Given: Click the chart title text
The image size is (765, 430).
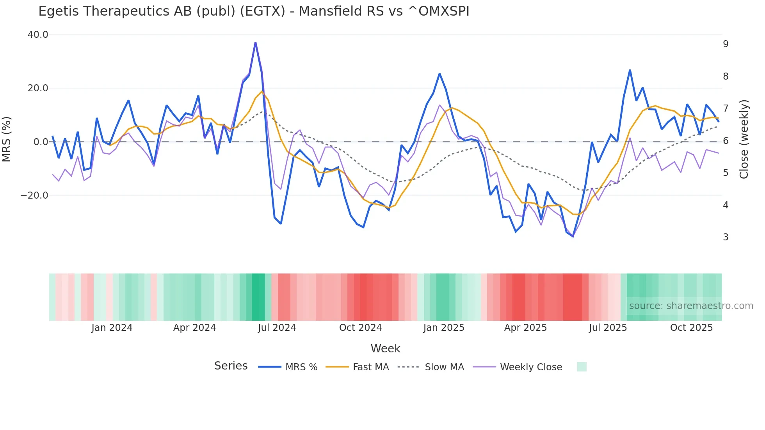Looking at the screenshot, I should [x=254, y=11].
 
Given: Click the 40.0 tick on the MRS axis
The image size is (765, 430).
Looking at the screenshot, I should [x=38, y=35].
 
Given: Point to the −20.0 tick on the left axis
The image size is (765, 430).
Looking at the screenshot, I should [x=34, y=195].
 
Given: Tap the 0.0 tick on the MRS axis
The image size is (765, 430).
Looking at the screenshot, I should [x=41, y=142].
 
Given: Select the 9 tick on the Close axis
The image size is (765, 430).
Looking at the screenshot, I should [x=726, y=44].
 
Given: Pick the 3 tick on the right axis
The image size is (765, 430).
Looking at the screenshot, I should [x=726, y=237].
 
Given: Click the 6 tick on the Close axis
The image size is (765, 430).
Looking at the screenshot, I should [x=726, y=141].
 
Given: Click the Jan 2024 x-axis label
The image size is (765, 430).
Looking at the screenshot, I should [x=112, y=328].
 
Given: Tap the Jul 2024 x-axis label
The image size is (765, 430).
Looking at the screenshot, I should [x=277, y=328].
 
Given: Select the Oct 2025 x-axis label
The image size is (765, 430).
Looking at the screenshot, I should [x=691, y=328].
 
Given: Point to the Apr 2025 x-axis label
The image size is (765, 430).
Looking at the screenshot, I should [x=525, y=328].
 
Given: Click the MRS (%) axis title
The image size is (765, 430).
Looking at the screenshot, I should [x=7, y=139].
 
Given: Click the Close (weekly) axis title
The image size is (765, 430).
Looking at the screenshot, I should [x=744, y=139].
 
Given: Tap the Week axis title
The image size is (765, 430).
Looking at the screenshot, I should [x=385, y=348].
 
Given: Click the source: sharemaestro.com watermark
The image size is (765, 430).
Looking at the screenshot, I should [x=691, y=306].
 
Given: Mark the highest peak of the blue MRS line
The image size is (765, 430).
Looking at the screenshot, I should [x=255, y=43].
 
